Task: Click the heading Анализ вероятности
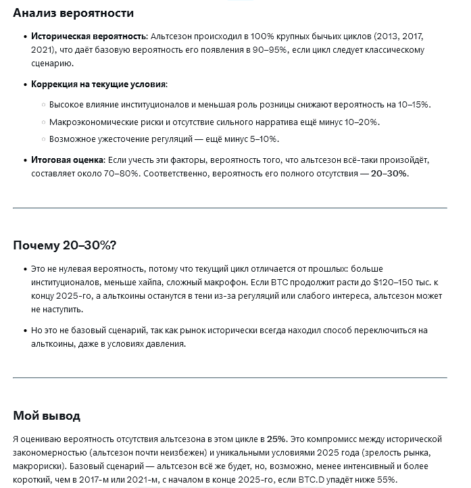pos(73,13)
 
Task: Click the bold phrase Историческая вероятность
pos(89,36)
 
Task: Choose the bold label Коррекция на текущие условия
pos(99,84)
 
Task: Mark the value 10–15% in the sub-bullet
pos(413,105)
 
